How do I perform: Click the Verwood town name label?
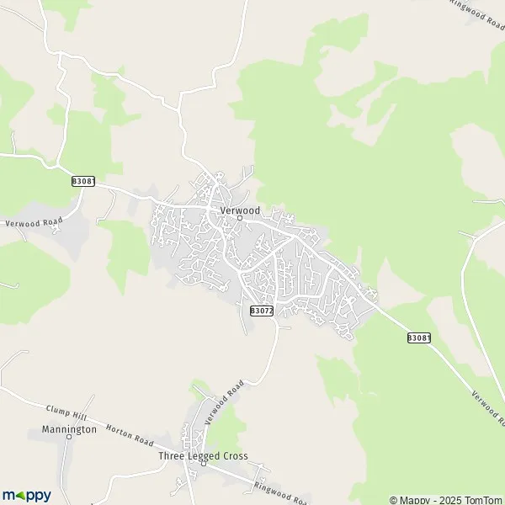click(240, 209)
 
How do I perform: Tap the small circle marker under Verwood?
click(240, 218)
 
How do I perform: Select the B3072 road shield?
click(262, 311)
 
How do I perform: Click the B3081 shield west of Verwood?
click(82, 181)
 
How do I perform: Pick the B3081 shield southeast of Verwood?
click(418, 338)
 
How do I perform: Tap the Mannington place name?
click(69, 429)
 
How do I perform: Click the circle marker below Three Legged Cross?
click(203, 463)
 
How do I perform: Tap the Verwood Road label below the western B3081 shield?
click(35, 223)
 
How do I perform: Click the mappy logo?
click(26, 495)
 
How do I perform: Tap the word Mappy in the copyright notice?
click(415, 497)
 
